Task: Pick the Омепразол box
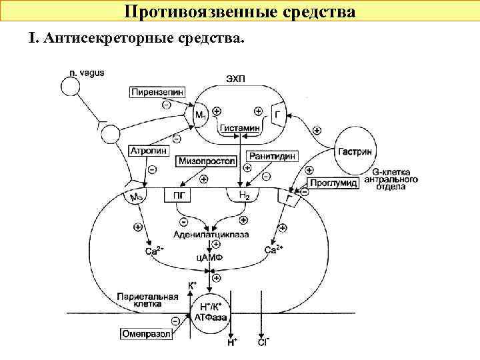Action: pyautogui.click(x=145, y=333)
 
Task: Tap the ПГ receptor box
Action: pyautogui.click(x=178, y=195)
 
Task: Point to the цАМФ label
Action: pyautogui.click(x=210, y=257)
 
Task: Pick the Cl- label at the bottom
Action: pyautogui.click(x=263, y=342)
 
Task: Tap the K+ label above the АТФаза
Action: pyautogui.click(x=192, y=285)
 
